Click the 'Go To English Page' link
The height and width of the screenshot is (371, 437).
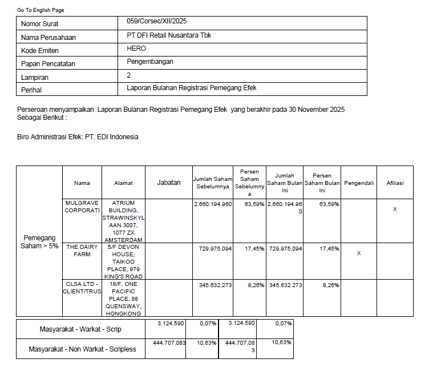coord(41,10)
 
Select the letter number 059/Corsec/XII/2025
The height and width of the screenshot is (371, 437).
coord(157,22)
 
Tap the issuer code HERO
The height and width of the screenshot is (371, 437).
coord(136,49)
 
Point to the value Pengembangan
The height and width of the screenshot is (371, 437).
coord(150,62)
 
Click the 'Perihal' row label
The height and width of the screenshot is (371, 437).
coord(31,90)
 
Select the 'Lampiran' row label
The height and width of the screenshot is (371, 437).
coord(35,77)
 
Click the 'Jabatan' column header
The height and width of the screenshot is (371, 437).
coord(168,183)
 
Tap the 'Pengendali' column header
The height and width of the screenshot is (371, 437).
coord(359,183)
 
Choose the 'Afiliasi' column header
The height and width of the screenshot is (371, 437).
coord(395,183)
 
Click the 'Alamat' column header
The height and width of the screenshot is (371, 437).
coord(123,183)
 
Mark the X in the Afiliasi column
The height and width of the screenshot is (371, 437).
coord(395,209)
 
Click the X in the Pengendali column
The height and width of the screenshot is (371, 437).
coord(359,253)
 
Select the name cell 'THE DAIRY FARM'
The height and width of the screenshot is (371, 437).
coord(82,251)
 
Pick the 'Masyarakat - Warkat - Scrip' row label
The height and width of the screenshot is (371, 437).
coord(80,329)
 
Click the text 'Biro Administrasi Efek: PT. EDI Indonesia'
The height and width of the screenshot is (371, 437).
coord(78,137)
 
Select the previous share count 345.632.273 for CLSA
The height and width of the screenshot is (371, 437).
coord(212,285)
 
